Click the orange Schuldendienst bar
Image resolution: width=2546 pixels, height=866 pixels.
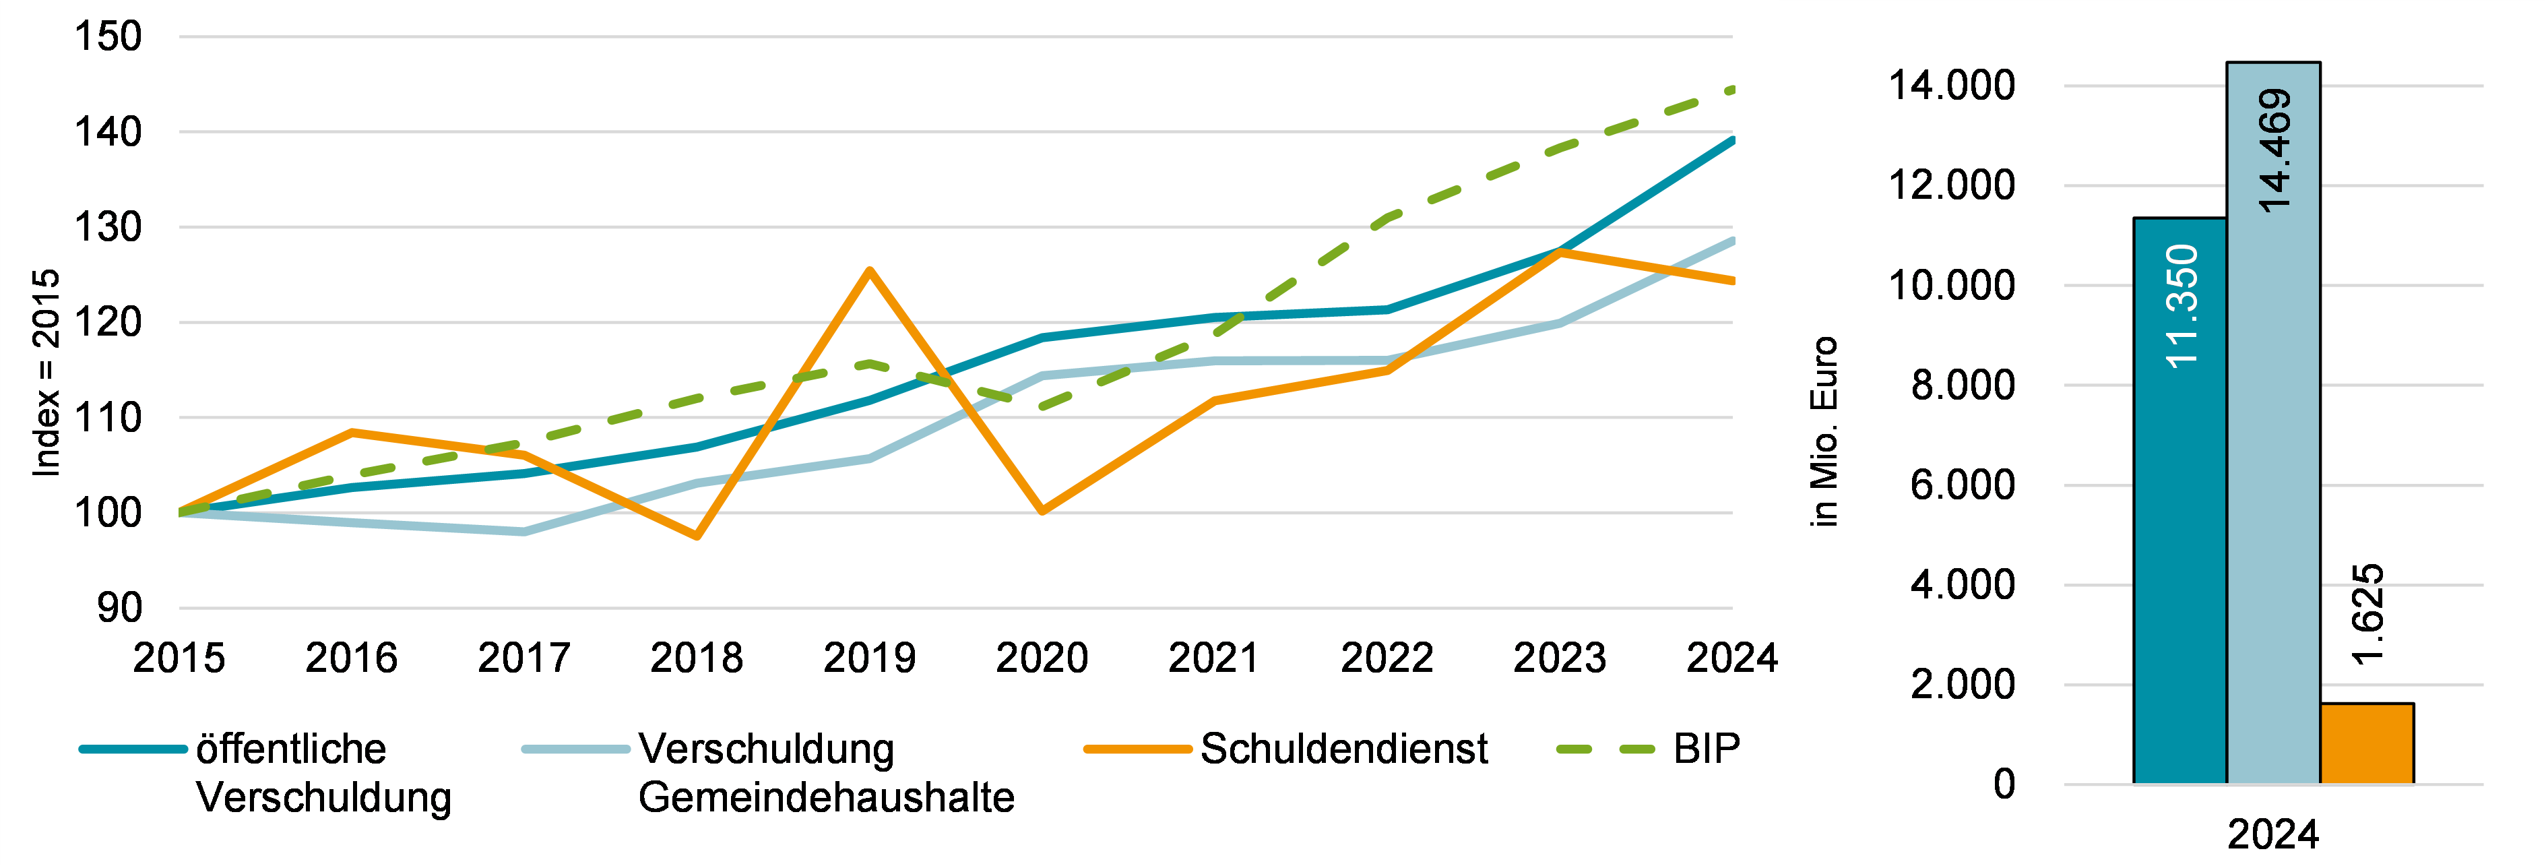pyautogui.click(x=2366, y=743)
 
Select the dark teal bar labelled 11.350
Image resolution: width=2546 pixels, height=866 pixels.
pyautogui.click(x=2179, y=500)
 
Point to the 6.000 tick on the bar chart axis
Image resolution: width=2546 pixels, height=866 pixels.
pyautogui.click(x=1962, y=485)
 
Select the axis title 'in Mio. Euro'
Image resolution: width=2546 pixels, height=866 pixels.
pyautogui.click(x=1824, y=432)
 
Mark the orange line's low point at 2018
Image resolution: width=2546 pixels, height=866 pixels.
pyautogui.click(x=697, y=536)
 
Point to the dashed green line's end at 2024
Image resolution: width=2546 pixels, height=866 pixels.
pyautogui.click(x=1731, y=90)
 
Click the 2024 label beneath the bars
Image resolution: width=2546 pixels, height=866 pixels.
pyautogui.click(x=2273, y=836)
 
